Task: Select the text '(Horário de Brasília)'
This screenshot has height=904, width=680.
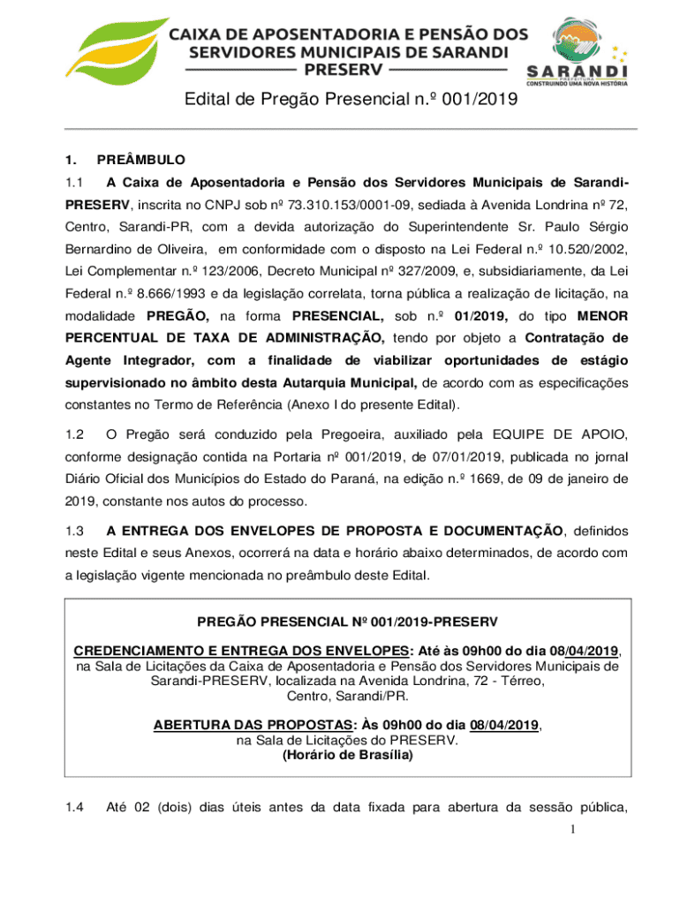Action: pos(347,756)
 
